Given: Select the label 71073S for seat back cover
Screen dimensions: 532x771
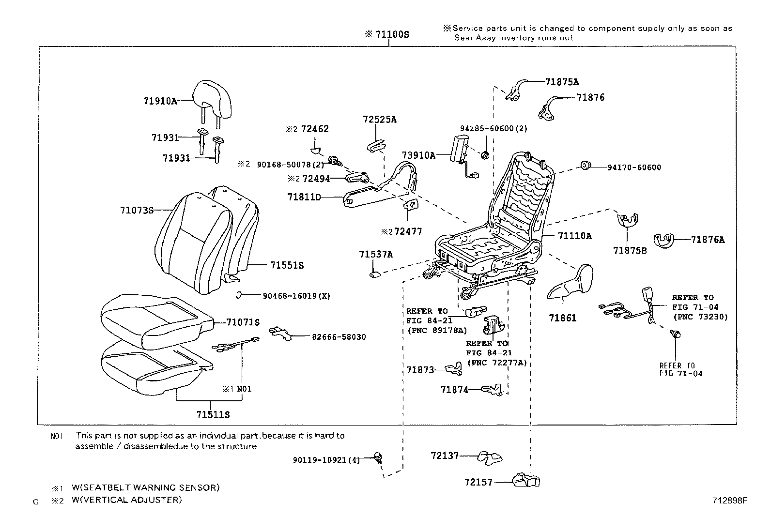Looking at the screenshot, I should tap(137, 210).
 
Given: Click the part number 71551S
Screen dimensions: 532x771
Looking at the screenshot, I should tap(287, 265).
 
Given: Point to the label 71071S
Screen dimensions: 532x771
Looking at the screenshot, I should tap(243, 322).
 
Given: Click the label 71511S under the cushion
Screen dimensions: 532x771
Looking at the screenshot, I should tap(213, 415).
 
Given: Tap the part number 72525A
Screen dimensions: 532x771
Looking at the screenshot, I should tap(380, 120).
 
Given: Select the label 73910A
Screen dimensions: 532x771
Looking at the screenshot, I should tap(418, 155).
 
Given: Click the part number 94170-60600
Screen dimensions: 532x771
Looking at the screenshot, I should tap(634, 167).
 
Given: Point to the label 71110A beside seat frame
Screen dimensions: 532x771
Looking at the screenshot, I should tap(574, 236).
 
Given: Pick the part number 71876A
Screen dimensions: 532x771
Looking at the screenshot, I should tap(708, 239).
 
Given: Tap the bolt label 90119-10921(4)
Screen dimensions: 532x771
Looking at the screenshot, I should tap(326, 460).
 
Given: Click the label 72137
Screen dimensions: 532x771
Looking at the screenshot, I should tap(445, 456).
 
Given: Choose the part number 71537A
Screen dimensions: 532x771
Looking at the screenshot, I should tap(376, 255).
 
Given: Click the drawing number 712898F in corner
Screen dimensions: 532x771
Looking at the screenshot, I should tap(729, 501).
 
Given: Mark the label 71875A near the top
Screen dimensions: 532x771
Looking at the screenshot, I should tap(562, 82).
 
